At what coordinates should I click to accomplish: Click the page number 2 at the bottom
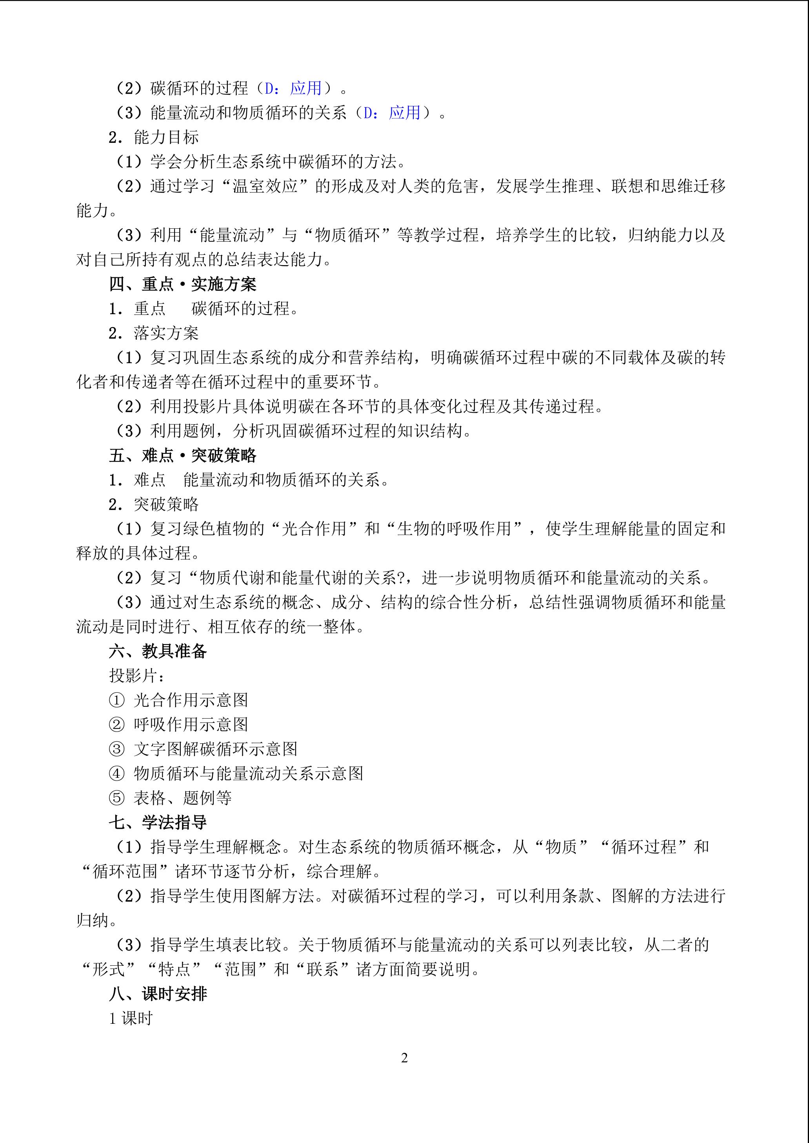point(405,1057)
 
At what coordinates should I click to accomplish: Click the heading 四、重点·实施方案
point(182,284)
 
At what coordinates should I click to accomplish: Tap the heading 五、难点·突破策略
point(182,455)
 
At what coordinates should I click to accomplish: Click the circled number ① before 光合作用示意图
point(116,700)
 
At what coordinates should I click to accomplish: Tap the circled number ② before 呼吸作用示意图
point(116,724)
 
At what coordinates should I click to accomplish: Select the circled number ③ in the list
point(116,749)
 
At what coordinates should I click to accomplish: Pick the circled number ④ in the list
point(116,773)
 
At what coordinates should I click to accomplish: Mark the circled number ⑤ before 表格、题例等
point(116,798)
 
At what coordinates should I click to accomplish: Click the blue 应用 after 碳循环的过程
point(306,88)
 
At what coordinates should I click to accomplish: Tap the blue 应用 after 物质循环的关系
point(405,113)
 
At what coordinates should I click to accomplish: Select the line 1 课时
point(131,1018)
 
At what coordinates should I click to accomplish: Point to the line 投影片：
point(137,675)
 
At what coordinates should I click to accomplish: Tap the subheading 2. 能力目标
point(153,137)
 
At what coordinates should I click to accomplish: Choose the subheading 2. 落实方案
point(153,333)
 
